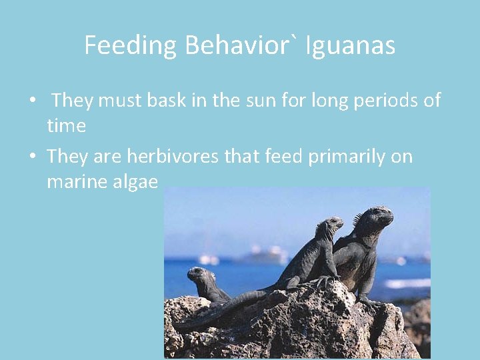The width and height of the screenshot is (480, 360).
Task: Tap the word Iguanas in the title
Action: [351, 46]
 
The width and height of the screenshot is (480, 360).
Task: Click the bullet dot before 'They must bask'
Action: [31, 101]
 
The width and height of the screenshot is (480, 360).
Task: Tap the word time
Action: [66, 125]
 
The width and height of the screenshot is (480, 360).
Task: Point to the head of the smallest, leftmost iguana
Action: [197, 273]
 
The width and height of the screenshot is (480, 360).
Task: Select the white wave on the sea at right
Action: [407, 283]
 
